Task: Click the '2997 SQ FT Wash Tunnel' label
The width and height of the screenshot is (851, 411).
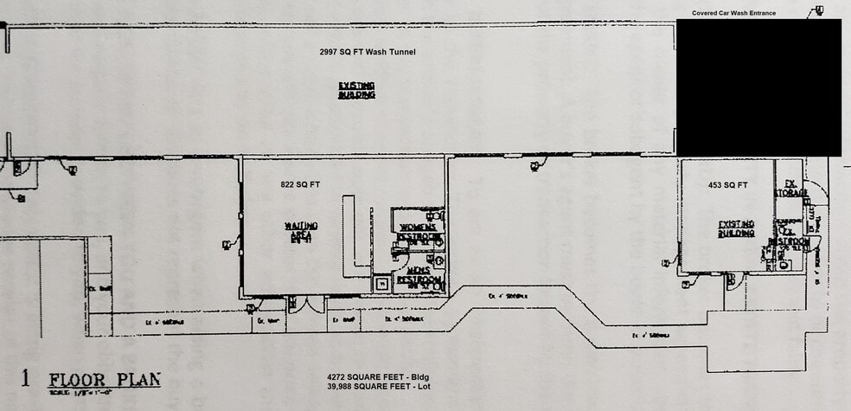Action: pyautogui.click(x=368, y=52)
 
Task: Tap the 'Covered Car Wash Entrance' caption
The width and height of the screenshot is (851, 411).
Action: pyautogui.click(x=733, y=13)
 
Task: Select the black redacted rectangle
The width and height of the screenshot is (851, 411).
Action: pyautogui.click(x=758, y=87)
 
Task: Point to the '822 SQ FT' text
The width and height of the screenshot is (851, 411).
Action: pyautogui.click(x=300, y=185)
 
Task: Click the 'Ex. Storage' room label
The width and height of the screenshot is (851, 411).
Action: pyautogui.click(x=790, y=188)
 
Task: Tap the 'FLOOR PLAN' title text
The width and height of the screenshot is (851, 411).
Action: pyautogui.click(x=104, y=380)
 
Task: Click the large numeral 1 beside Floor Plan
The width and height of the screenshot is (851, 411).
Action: pyautogui.click(x=25, y=379)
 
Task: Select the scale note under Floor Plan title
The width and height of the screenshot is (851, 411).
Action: pyautogui.click(x=76, y=393)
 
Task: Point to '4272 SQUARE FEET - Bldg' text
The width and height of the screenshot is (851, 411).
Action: pyautogui.click(x=379, y=376)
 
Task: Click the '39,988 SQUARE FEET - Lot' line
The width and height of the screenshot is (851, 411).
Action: pyautogui.click(x=379, y=387)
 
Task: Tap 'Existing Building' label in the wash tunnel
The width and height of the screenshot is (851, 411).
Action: pyautogui.click(x=356, y=90)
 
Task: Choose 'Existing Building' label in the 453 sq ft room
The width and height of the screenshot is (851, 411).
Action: pyautogui.click(x=736, y=228)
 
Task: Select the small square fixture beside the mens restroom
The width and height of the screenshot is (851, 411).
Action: pyautogui.click(x=381, y=282)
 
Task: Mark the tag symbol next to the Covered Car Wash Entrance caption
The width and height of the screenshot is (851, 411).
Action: pyautogui.click(x=816, y=11)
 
